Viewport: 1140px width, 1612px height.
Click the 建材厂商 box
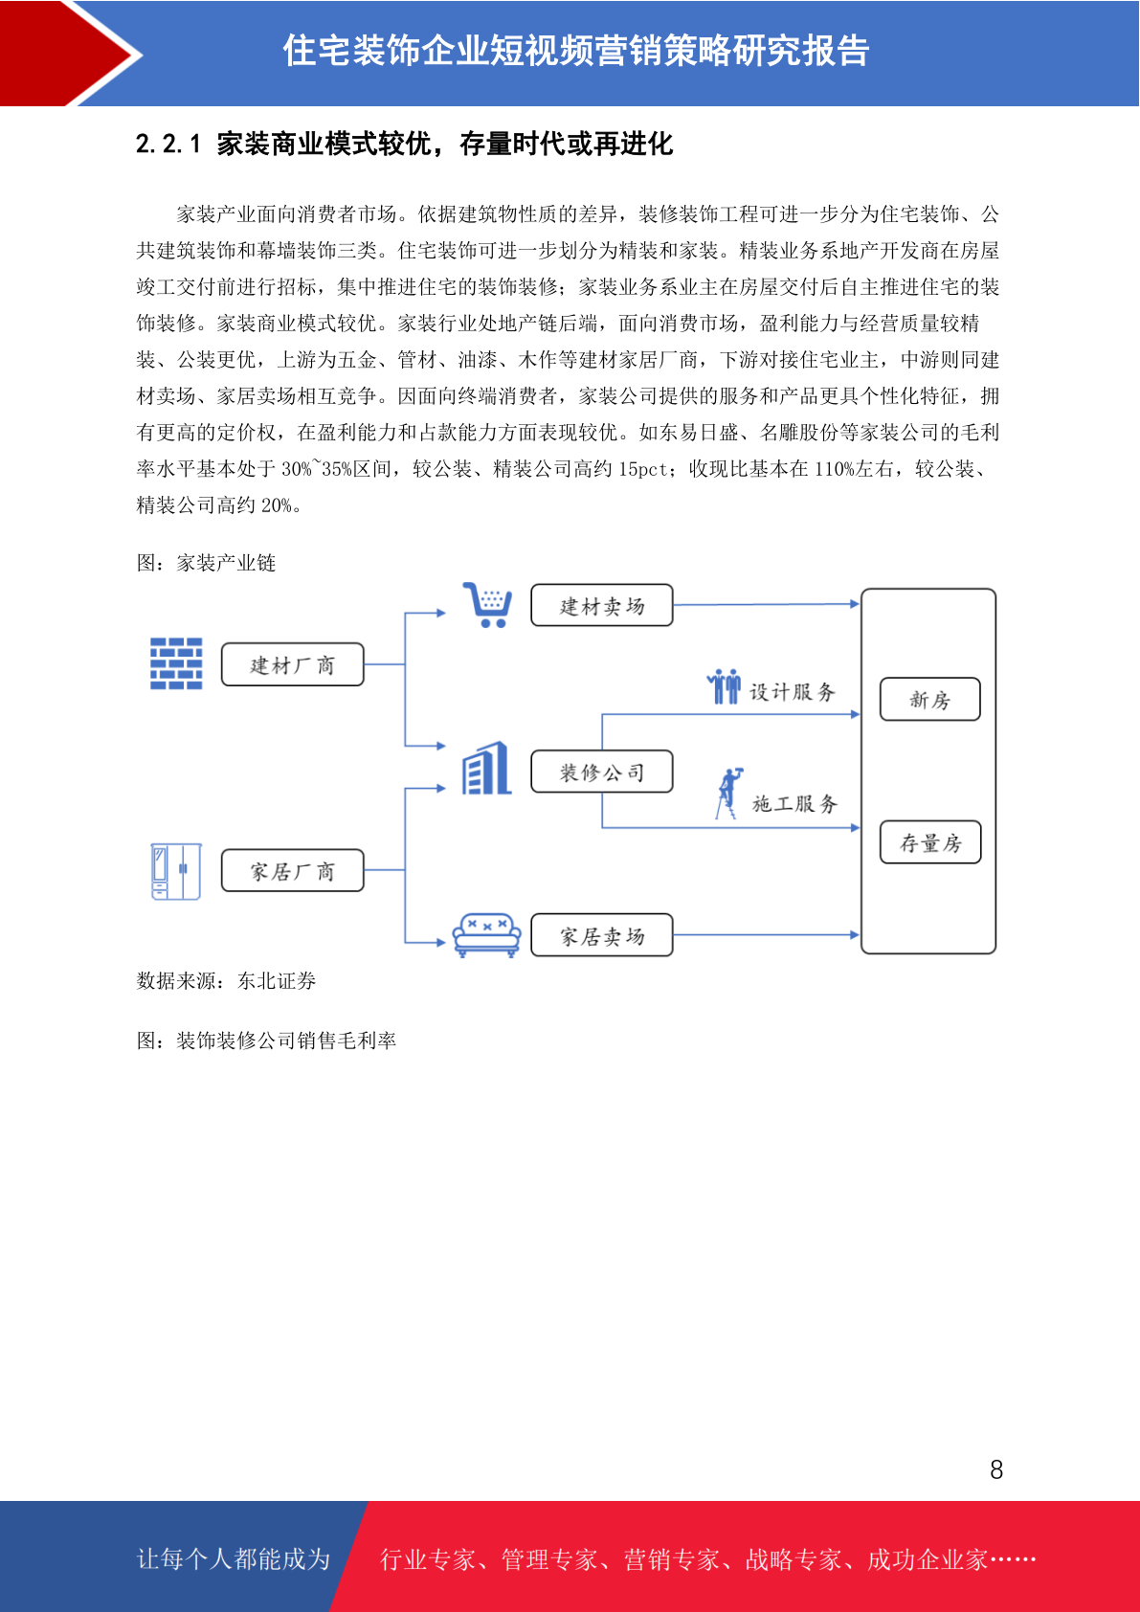[292, 664]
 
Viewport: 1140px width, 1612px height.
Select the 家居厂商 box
[292, 871]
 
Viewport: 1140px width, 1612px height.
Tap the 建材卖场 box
[602, 605]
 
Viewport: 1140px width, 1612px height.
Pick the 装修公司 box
[602, 772]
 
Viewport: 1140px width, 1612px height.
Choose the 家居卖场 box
[602, 935]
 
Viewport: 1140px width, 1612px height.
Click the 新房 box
[929, 699]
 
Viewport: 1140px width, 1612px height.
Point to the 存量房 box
[929, 842]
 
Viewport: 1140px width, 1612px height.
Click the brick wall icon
[176, 663]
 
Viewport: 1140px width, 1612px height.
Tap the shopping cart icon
[487, 605]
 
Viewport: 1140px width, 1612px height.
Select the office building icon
[486, 768]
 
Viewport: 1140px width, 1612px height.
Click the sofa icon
[486, 935]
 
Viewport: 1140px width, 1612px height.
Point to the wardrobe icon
[176, 871]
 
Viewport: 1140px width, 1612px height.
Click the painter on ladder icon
[729, 794]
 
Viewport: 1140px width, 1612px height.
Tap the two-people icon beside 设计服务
[724, 686]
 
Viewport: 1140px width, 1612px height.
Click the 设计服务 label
[793, 691]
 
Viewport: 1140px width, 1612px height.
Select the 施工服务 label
[794, 803]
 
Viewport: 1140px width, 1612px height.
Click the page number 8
[996, 1469]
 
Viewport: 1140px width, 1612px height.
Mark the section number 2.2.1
[168, 144]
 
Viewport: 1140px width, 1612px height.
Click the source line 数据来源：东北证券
[226, 980]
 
